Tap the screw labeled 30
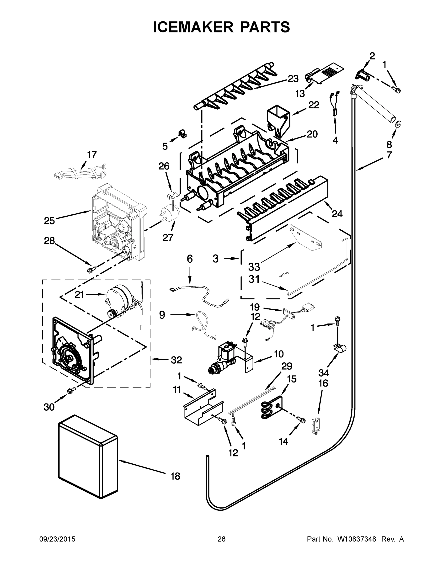(x=71, y=391)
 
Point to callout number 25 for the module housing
(x=49, y=221)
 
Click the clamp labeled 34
(x=340, y=348)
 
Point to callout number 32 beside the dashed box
(x=176, y=360)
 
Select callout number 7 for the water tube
(x=389, y=155)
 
